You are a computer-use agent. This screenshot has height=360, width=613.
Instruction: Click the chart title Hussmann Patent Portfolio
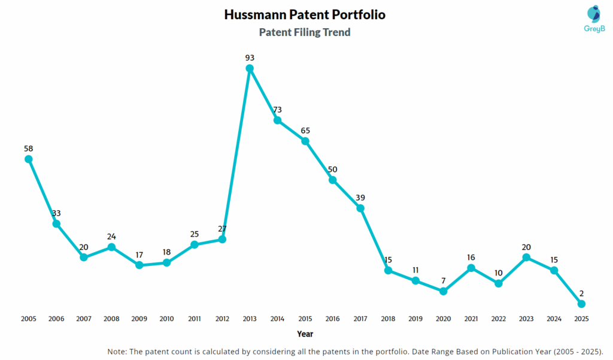point(305,14)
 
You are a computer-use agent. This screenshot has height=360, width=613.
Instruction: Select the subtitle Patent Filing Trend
point(305,32)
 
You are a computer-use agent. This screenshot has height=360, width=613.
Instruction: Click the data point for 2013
point(250,68)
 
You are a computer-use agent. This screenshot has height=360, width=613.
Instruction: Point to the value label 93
point(250,58)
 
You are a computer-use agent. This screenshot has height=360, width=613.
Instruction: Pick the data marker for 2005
point(28,159)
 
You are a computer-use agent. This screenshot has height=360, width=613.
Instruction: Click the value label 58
point(28,148)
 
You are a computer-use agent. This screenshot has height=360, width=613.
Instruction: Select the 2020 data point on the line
point(443,291)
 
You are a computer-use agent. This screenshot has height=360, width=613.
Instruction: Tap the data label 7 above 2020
point(443,280)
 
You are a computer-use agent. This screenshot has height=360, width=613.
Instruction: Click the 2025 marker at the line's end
point(581,304)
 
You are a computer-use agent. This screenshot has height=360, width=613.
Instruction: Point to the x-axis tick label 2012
point(222,319)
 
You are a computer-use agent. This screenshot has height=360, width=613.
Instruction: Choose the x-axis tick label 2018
point(388,319)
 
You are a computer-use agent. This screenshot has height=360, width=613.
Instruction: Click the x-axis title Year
point(305,334)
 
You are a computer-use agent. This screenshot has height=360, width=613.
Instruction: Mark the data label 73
point(277,110)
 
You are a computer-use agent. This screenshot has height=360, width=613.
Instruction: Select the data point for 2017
point(360,208)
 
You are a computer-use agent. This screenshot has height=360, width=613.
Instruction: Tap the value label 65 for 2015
point(305,131)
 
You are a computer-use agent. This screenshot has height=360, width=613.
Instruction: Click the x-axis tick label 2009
point(139,319)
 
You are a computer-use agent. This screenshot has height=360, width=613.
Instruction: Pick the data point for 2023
point(526,258)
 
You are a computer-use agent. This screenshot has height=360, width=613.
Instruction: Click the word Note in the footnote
point(117,351)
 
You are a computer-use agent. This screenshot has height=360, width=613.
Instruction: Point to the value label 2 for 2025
point(581,294)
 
